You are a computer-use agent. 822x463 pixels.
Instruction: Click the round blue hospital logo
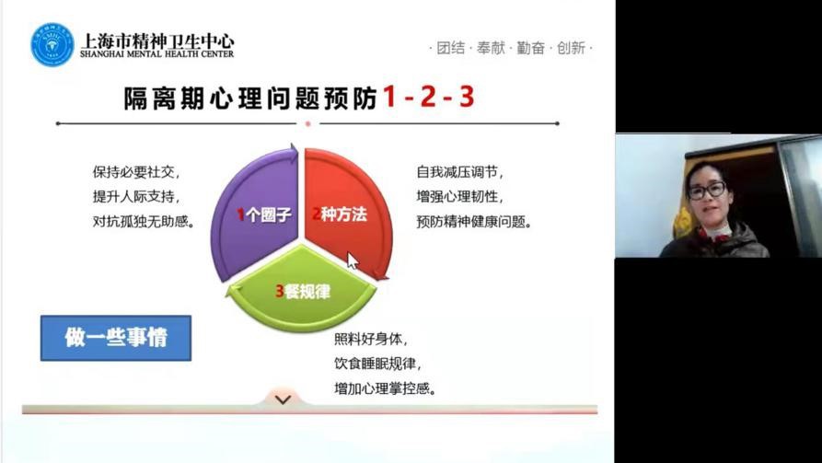click(x=52, y=44)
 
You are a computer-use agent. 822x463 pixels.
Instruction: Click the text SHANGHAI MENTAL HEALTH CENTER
click(x=156, y=54)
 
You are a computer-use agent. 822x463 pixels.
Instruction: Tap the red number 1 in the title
click(x=389, y=97)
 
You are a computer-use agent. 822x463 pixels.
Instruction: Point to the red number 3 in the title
click(x=467, y=97)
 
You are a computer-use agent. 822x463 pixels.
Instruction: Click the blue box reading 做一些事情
click(x=116, y=338)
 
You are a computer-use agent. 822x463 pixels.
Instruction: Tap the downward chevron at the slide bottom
click(x=284, y=400)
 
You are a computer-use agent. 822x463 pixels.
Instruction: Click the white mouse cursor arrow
click(x=353, y=260)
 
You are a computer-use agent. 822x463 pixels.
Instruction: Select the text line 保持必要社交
click(x=136, y=172)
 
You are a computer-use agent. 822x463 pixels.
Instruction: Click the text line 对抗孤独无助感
click(x=144, y=221)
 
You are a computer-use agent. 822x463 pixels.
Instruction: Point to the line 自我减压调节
click(x=459, y=172)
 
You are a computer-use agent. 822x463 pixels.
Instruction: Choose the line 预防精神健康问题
click(x=474, y=221)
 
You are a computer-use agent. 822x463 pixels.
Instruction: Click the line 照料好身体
click(x=371, y=340)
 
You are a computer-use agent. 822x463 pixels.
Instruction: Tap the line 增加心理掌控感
click(x=386, y=388)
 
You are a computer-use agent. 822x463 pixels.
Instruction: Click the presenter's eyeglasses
click(x=706, y=190)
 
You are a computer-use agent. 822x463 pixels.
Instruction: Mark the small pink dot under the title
click(x=308, y=123)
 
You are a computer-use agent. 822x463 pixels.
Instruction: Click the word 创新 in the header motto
click(x=571, y=48)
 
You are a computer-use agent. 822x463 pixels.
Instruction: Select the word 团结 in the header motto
click(x=451, y=48)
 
